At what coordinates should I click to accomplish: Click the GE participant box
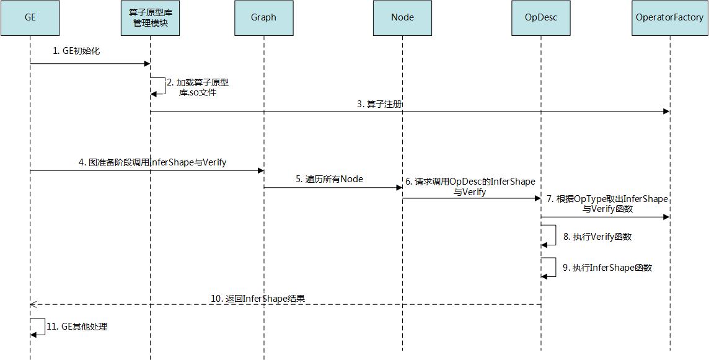point(30,17)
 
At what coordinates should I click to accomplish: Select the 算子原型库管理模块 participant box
point(150,17)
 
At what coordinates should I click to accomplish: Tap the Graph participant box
point(263,17)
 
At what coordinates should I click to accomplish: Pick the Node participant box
point(402,17)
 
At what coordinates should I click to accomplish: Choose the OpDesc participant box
point(541,17)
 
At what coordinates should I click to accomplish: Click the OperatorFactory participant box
point(669,17)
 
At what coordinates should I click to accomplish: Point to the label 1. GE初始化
point(76,51)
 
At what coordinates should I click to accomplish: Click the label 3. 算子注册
point(379,104)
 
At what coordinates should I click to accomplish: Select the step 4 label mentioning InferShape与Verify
point(152,162)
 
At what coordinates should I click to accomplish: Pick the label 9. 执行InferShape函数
point(607,268)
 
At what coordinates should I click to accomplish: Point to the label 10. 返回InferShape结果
point(258,298)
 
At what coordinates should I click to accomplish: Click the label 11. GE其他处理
point(77,326)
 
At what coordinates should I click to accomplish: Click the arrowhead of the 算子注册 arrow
point(666,112)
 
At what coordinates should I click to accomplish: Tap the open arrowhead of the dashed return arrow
point(33,304)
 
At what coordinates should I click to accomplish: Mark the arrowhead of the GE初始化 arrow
point(147,63)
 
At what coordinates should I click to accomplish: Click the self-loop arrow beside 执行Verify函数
point(549,235)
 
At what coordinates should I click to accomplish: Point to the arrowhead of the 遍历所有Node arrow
point(399,187)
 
